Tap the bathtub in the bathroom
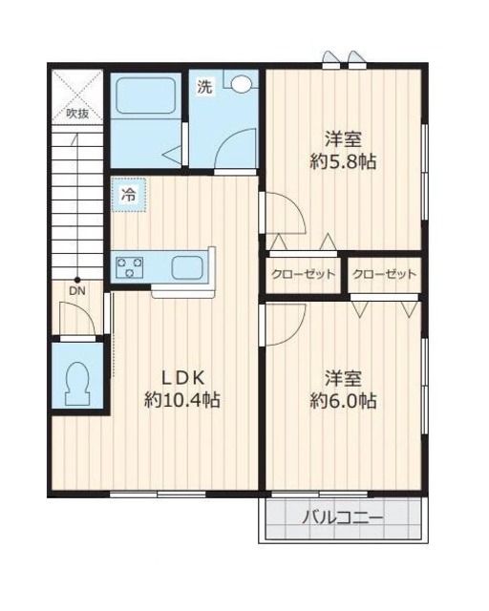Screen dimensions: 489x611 click(145, 95)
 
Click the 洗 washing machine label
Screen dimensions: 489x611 click(204, 87)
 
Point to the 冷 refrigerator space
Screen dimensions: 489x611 click(129, 195)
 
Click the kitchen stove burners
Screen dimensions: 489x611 click(129, 267)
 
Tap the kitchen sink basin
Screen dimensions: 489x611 click(187, 267)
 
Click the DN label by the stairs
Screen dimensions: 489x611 click(77, 290)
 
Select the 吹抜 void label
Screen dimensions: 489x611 click(77, 114)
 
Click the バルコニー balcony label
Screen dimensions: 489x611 click(343, 517)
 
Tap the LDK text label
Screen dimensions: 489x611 click(183, 377)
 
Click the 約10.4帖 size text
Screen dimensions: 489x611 click(182, 400)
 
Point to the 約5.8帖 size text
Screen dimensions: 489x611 click(343, 161)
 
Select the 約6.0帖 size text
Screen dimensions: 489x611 click(343, 401)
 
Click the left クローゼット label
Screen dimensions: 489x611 click(304, 274)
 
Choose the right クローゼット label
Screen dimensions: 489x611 click(385, 274)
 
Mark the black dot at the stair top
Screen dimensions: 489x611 click(77, 280)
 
